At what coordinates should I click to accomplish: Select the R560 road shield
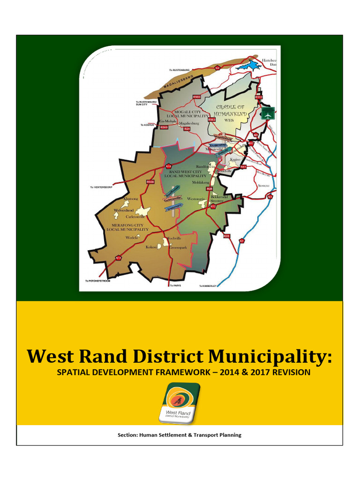[x=196, y=97]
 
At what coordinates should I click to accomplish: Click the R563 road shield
[x=211, y=120]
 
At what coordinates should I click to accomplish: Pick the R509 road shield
[x=164, y=127]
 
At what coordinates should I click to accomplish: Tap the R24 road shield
[x=187, y=128]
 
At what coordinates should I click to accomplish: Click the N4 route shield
[x=217, y=68]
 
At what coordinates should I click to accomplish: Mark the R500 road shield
[x=150, y=181]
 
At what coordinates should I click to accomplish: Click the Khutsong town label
[x=131, y=199]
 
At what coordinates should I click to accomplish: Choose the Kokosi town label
[x=152, y=247]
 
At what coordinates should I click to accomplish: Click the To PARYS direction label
[x=175, y=285]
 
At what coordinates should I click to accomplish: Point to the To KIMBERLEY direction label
[x=208, y=285]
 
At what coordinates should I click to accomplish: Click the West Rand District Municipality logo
[x=180, y=402]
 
